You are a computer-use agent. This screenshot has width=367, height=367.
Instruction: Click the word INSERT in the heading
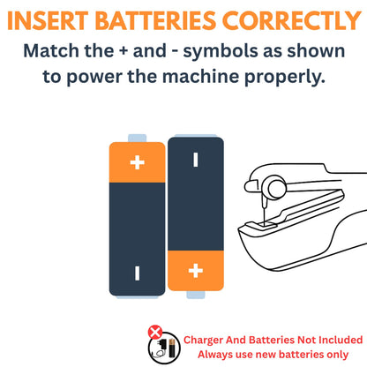pyautogui.click(x=48, y=21)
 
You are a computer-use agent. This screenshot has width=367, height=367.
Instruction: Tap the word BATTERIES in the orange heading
pyautogui.click(x=156, y=21)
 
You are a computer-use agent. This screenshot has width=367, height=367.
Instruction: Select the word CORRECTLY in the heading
pyautogui.click(x=292, y=21)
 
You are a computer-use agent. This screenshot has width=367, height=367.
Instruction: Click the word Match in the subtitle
pyautogui.click(x=51, y=51)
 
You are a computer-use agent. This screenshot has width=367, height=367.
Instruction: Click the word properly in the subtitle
pyautogui.click(x=285, y=78)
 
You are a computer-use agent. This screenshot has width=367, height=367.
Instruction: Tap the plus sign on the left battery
pyautogui.click(x=138, y=162)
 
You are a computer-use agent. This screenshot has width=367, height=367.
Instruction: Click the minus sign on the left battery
pyautogui.click(x=138, y=273)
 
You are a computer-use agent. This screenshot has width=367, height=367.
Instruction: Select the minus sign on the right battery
pyautogui.click(x=196, y=160)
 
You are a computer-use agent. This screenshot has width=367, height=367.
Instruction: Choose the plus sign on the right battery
pyautogui.click(x=196, y=271)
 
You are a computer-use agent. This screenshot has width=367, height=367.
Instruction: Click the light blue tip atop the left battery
pyautogui.click(x=137, y=139)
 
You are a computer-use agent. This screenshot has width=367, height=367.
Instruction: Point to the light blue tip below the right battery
pyautogui.click(x=196, y=295)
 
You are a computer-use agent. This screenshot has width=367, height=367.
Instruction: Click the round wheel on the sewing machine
pyautogui.click(x=277, y=188)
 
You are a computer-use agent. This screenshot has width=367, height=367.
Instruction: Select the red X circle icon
pyautogui.click(x=155, y=333)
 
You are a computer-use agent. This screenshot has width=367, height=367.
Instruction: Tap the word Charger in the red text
pyautogui.click(x=203, y=341)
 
